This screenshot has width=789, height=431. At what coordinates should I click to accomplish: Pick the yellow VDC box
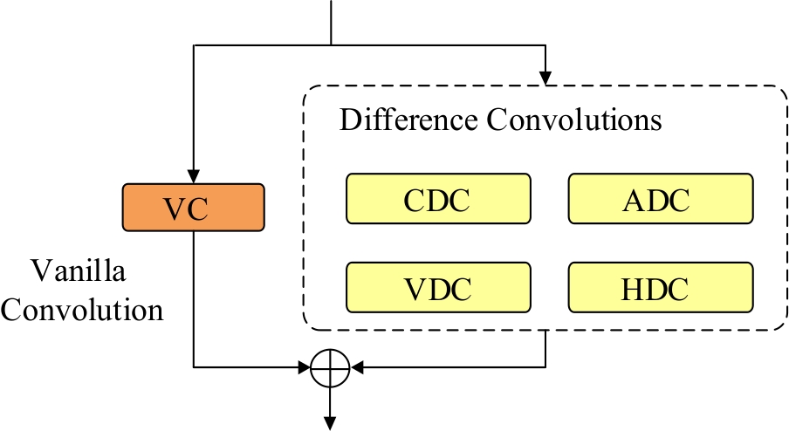[x=437, y=287]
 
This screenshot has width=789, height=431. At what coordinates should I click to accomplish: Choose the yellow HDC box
[x=660, y=287]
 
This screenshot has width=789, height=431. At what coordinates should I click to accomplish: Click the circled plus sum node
[x=331, y=367]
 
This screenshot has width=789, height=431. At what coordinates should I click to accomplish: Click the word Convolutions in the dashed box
[x=573, y=120]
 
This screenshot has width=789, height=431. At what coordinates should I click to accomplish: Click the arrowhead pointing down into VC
[x=194, y=177]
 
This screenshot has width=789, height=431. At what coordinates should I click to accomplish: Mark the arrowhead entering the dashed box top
[x=545, y=79]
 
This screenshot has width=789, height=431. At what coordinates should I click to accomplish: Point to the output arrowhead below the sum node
[x=331, y=423]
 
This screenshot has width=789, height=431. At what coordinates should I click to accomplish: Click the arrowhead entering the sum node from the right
[x=356, y=367]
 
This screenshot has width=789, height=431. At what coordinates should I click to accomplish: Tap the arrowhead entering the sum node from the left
[x=305, y=367]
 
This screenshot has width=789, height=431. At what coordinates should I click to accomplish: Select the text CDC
[x=437, y=201]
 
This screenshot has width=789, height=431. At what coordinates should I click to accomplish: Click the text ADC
[x=660, y=201]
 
